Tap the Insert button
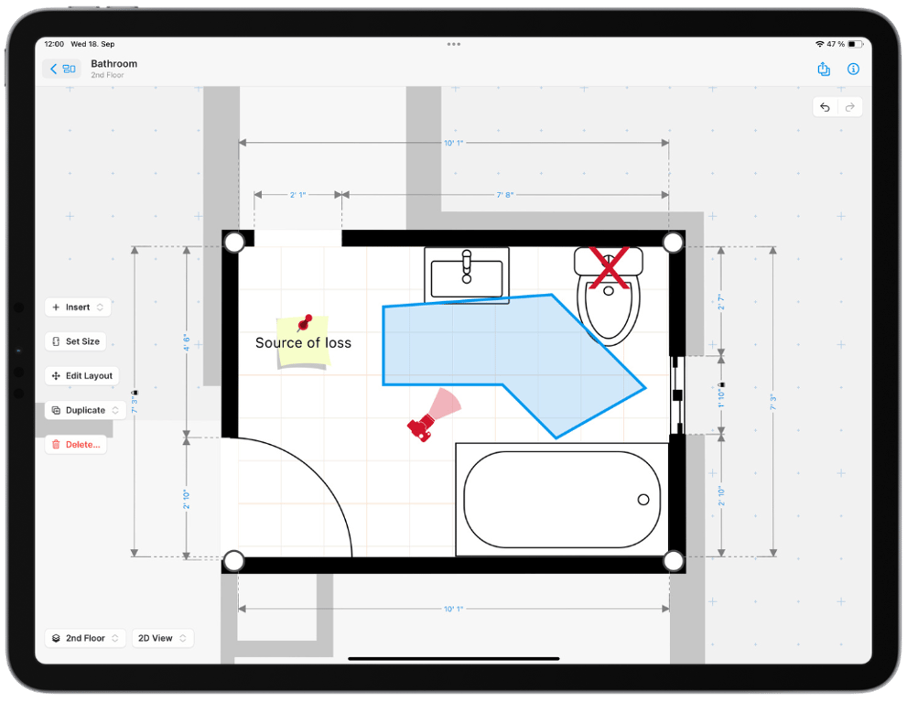click(x=78, y=308)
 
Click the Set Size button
click(x=76, y=341)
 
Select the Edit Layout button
click(x=82, y=376)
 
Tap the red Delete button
click(x=76, y=445)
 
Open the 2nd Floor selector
click(x=85, y=638)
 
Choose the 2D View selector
click(x=162, y=638)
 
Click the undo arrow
click(x=826, y=107)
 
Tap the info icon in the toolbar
click(x=853, y=70)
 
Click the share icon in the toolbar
click(x=824, y=70)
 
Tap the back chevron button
click(x=61, y=69)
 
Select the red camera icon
click(x=422, y=427)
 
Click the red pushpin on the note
click(x=305, y=323)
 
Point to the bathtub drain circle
click(x=643, y=500)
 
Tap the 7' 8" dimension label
click(x=505, y=195)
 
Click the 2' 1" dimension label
click(x=297, y=195)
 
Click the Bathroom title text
click(x=114, y=64)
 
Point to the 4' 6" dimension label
click(x=187, y=342)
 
